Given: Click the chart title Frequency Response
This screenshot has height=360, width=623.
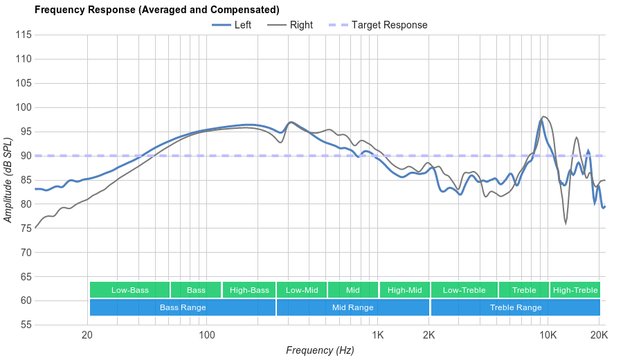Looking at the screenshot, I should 157,10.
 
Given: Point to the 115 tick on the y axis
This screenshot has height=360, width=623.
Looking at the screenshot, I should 24,35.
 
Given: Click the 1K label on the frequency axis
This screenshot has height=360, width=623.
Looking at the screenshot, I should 377,336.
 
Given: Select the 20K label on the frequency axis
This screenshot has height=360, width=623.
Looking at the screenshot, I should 599,336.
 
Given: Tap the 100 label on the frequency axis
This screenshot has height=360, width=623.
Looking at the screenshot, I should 207,336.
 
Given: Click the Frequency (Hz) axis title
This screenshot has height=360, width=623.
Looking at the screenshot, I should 320,350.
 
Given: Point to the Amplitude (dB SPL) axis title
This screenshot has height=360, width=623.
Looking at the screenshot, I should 9,180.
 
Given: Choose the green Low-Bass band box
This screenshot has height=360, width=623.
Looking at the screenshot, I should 129,290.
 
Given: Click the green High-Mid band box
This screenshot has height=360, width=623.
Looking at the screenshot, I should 404,290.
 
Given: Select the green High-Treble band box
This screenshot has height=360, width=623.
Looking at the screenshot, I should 575,290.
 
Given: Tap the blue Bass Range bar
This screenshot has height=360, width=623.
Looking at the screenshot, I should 183,307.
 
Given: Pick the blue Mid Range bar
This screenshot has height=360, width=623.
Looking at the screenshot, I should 352,307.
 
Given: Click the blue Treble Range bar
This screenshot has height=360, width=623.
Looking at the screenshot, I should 516,307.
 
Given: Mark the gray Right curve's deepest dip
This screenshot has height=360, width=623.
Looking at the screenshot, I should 566,224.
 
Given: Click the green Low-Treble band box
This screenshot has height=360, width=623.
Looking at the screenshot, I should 464,290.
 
